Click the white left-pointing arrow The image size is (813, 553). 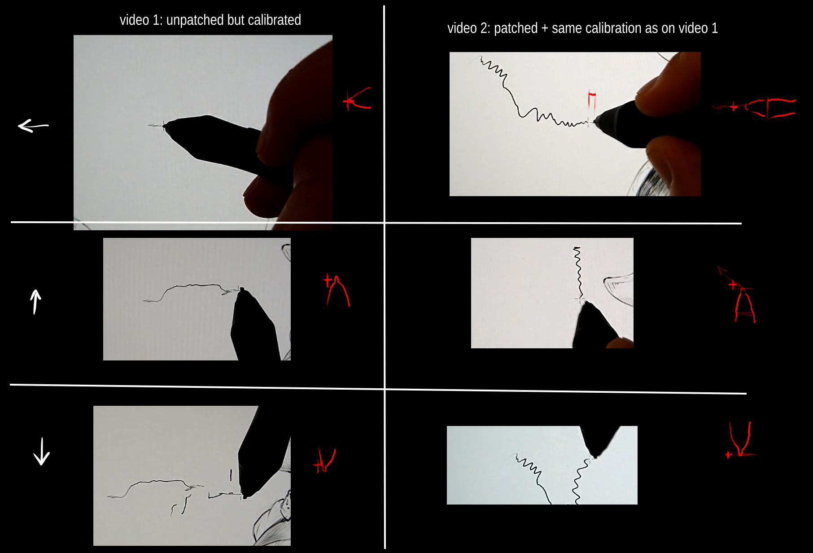pyautogui.click(x=33, y=126)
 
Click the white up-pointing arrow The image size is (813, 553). pyautogui.click(x=35, y=302)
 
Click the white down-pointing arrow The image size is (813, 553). pyautogui.click(x=42, y=451)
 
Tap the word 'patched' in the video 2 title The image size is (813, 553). pyautogui.click(x=516, y=28)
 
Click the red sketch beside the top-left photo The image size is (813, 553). pyautogui.click(x=358, y=98)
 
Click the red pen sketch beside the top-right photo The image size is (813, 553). pyautogui.click(x=754, y=108)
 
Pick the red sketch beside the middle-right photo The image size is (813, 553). pyautogui.click(x=738, y=294)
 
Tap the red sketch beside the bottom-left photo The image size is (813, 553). pyautogui.click(x=324, y=461)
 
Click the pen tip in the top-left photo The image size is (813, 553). pyautogui.click(x=165, y=126)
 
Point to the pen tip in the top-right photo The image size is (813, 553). pyautogui.click(x=595, y=121)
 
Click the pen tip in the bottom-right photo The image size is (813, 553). pyautogui.click(x=593, y=456)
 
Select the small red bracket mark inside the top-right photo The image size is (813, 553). pyautogui.click(x=592, y=100)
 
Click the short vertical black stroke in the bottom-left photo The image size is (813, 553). pyautogui.click(x=231, y=475)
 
